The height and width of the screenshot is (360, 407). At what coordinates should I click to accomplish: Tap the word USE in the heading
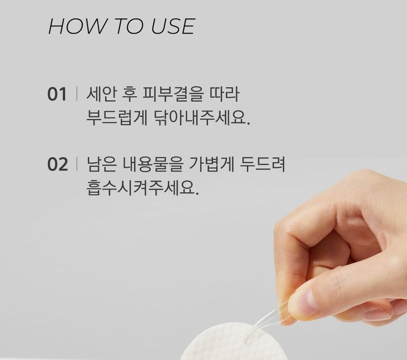click(173, 26)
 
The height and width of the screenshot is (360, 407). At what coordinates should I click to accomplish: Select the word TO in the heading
click(129, 26)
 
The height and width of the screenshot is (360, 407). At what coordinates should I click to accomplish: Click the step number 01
click(57, 94)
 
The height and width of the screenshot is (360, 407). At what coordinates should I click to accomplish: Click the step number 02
click(57, 164)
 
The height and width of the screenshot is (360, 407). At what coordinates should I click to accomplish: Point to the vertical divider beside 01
click(77, 93)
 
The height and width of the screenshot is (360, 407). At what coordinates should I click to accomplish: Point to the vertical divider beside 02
click(77, 164)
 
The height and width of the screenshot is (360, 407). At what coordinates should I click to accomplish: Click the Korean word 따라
click(224, 94)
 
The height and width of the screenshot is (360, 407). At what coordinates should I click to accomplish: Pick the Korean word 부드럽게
click(117, 117)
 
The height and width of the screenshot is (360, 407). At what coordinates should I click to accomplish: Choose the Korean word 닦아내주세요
click(202, 117)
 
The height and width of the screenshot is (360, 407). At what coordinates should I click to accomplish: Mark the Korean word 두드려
click(262, 164)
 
